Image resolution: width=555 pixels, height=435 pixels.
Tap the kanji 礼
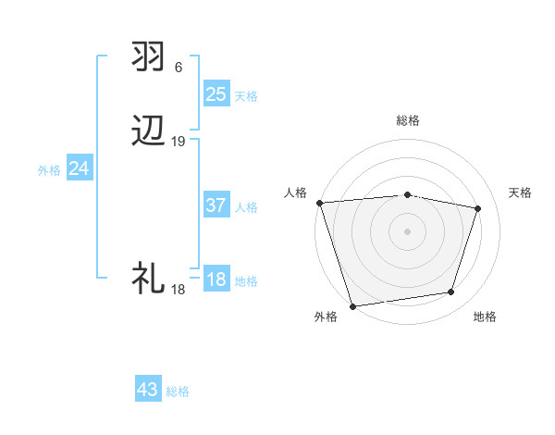pos(149,277)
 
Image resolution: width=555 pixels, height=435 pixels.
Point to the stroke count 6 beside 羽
pos(179,68)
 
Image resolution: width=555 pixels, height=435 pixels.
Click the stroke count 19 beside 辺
pos(179,142)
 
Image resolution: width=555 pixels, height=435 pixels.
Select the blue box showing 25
pos(216,94)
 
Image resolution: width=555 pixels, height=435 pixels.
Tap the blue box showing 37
pos(216,206)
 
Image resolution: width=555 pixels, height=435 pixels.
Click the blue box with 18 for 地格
pos(216,280)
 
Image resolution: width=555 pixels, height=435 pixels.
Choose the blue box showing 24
pos(80,168)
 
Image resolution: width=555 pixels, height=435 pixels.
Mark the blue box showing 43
pos(148,390)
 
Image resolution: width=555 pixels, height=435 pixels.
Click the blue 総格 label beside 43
pos(178,391)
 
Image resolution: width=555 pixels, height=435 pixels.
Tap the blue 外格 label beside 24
pos(49,170)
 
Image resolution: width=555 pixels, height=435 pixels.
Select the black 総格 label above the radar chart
pos(408,120)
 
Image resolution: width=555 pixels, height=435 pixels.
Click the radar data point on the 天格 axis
pos(478,208)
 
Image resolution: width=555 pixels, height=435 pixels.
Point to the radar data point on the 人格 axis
pos(319,203)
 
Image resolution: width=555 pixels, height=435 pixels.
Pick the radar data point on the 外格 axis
pos(352,305)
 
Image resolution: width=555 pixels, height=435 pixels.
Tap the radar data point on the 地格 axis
pos(451,292)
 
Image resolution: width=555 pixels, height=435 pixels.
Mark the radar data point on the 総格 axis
pos(408,194)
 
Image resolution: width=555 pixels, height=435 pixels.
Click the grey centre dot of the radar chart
pos(408,230)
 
